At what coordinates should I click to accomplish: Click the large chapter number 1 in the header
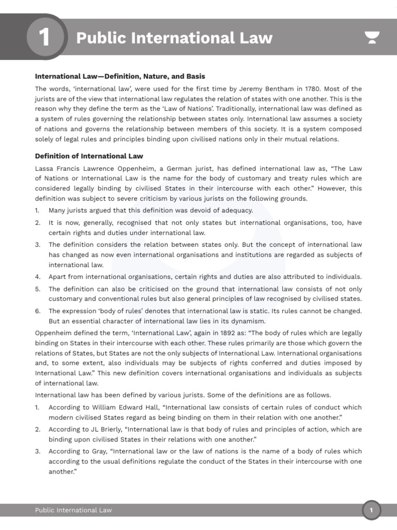point(44,38)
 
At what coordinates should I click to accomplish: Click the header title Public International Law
point(174,38)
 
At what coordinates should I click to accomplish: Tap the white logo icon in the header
point(372,38)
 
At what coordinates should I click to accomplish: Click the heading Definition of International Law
point(89,156)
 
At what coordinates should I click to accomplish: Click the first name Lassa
point(45,169)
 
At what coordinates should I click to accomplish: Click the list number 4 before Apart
point(38,277)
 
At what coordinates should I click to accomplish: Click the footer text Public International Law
point(73,510)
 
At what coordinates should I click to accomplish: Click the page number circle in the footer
point(371,510)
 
